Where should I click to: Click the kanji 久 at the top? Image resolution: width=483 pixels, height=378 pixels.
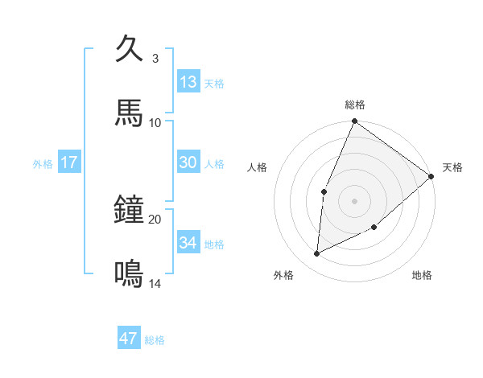(129, 49)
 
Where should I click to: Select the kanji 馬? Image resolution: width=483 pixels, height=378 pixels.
(129, 113)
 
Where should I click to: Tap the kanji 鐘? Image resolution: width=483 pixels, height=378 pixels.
(129, 210)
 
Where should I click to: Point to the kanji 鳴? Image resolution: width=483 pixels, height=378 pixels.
(129, 274)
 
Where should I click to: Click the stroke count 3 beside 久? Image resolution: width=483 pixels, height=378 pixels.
(155, 59)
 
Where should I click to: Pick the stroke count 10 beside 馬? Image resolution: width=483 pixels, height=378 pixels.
(155, 123)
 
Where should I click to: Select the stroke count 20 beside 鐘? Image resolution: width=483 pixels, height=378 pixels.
(155, 220)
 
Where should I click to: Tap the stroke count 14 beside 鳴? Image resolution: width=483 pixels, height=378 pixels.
(155, 284)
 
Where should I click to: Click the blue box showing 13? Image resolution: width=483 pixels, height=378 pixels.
(188, 82)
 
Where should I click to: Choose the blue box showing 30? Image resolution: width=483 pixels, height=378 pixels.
(188, 162)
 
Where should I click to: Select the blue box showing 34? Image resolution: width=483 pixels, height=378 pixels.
(188, 243)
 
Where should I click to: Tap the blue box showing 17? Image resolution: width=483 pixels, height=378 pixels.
(68, 162)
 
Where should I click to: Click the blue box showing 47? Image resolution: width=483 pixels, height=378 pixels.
(129, 339)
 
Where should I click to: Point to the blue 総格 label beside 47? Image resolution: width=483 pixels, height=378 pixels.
(155, 340)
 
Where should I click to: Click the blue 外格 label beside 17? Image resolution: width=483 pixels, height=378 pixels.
(43, 164)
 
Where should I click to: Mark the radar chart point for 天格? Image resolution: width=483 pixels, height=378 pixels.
(431, 176)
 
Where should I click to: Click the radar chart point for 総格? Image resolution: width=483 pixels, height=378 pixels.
(354, 121)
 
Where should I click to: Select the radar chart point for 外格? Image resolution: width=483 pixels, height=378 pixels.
(317, 254)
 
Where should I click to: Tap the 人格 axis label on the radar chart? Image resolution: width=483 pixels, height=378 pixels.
(257, 167)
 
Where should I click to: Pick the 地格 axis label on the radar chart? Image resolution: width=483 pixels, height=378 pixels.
(422, 276)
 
